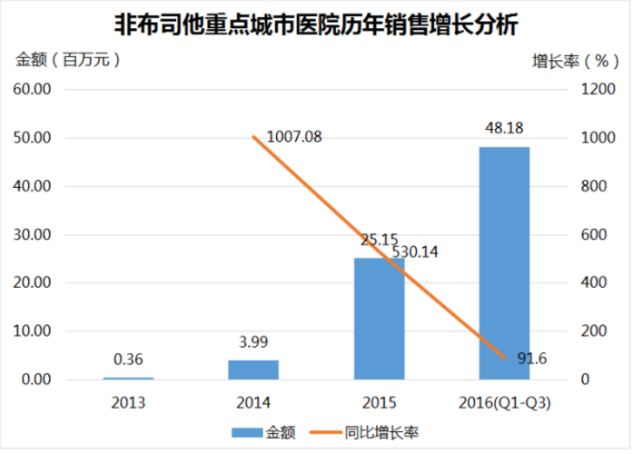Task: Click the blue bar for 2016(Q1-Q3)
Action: click(504, 263)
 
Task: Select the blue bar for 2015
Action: click(379, 318)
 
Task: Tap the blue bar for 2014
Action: click(253, 370)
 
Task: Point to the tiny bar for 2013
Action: click(128, 378)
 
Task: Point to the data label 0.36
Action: click(128, 360)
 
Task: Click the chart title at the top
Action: click(316, 25)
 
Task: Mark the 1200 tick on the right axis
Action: click(588, 90)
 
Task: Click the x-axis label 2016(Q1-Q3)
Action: click(504, 401)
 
